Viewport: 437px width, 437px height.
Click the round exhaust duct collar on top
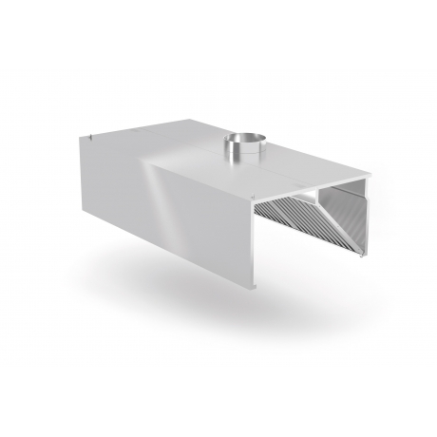click(x=239, y=149)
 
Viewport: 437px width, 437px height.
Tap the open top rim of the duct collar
click(x=239, y=140)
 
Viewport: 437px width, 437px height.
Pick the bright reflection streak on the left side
click(x=166, y=190)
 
